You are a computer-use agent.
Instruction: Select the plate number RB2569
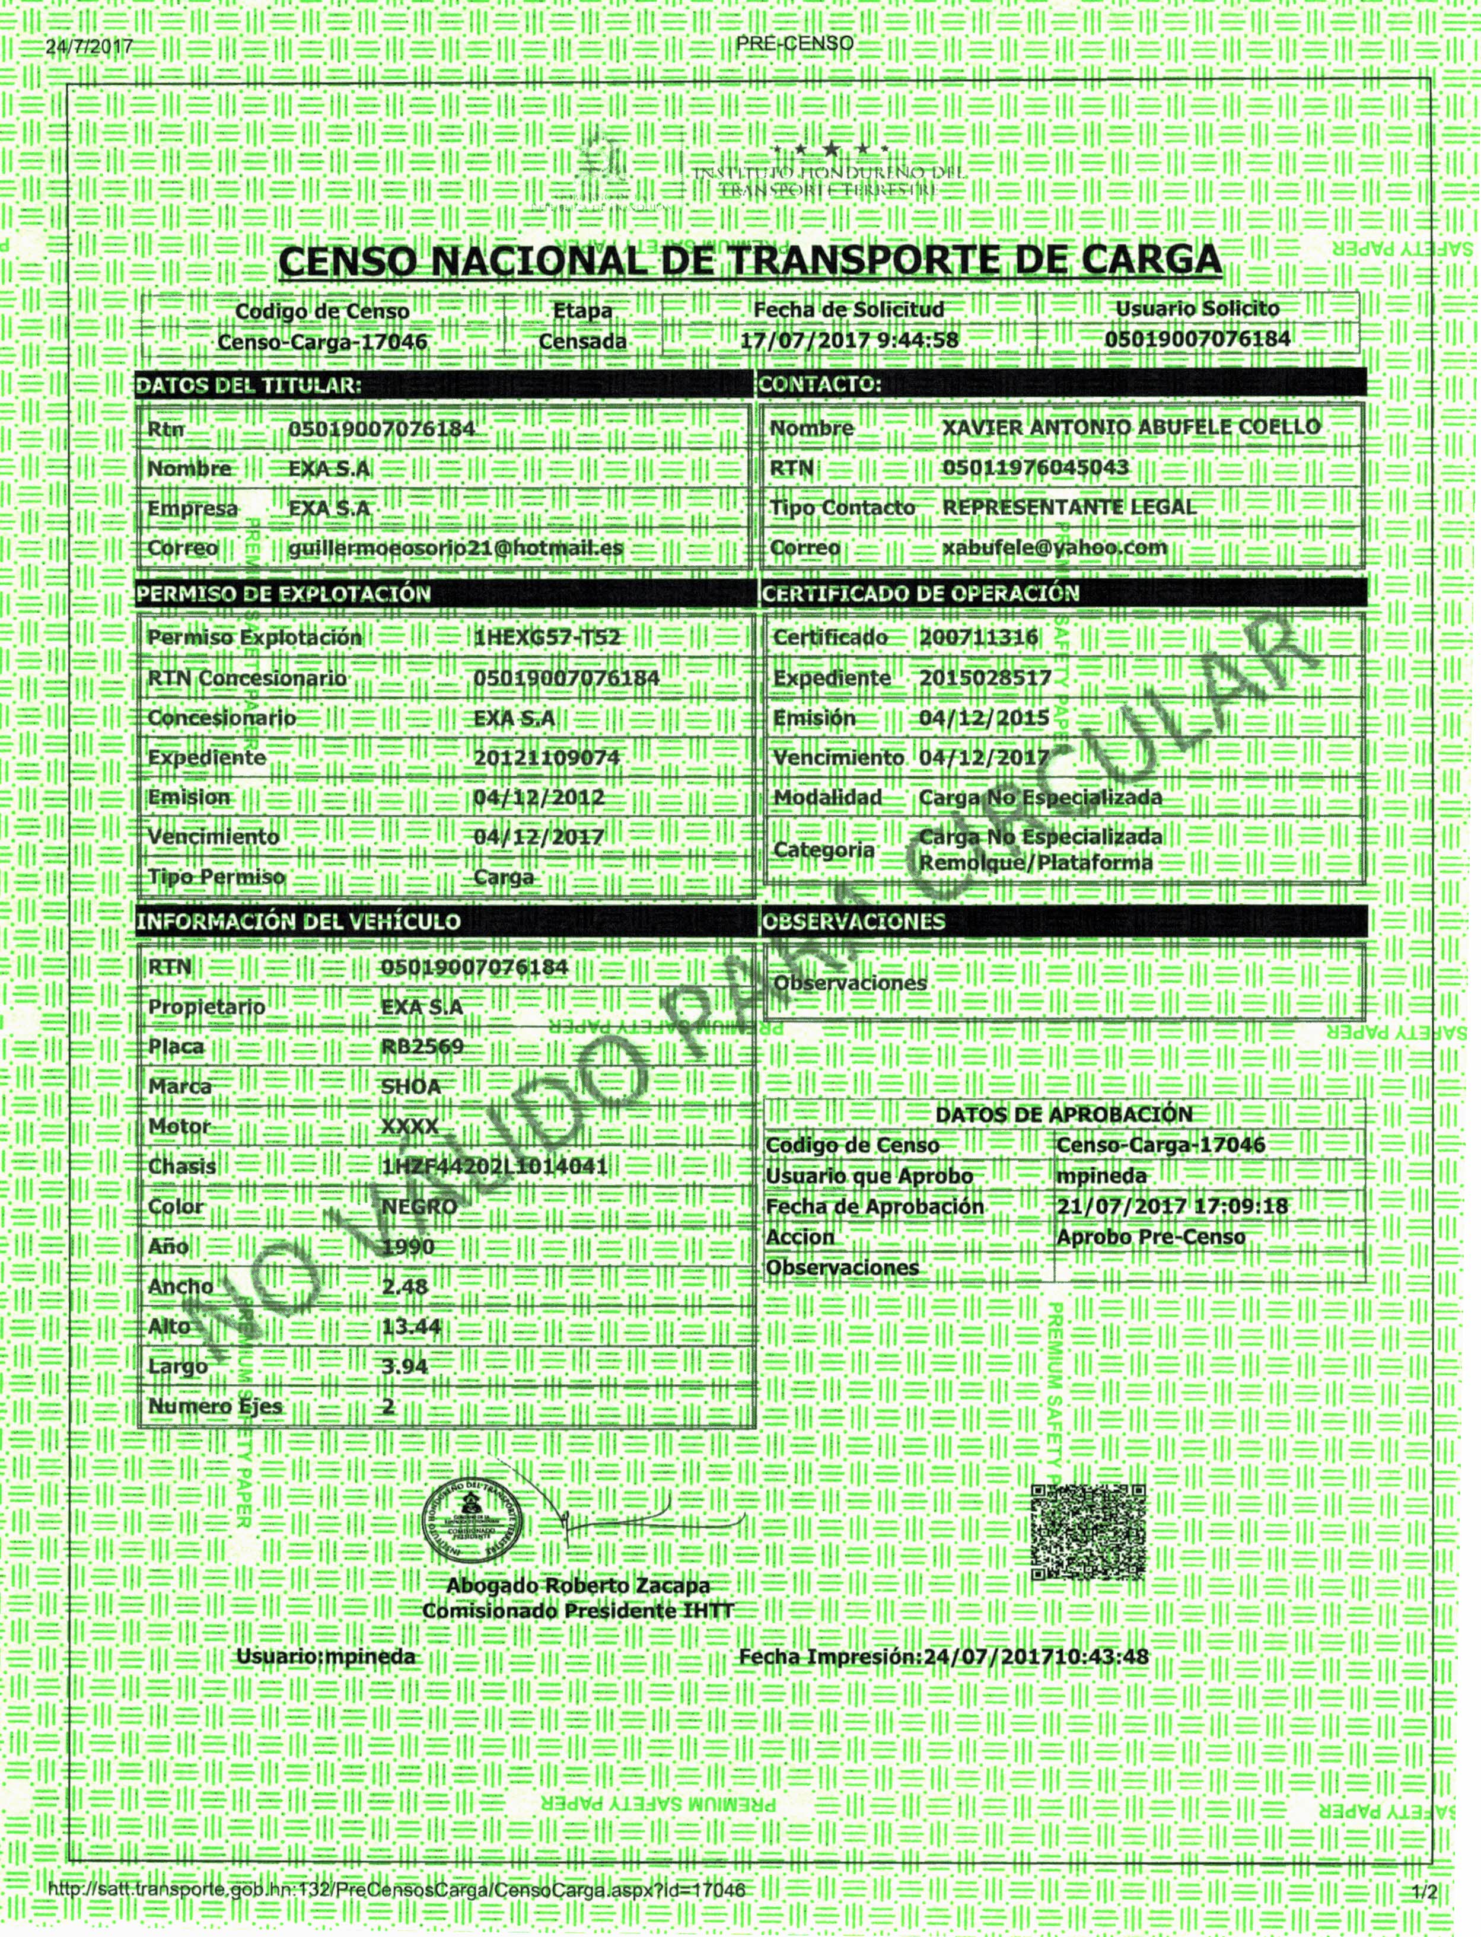pyautogui.click(x=422, y=1046)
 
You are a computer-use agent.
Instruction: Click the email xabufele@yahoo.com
pyautogui.click(x=1055, y=547)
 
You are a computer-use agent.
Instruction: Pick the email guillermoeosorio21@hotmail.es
pyautogui.click(x=456, y=547)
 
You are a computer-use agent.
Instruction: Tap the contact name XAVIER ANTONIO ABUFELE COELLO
pyautogui.click(x=1131, y=428)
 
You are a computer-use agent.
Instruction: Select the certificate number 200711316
pyautogui.click(x=979, y=637)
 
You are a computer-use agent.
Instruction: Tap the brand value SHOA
pyautogui.click(x=411, y=1086)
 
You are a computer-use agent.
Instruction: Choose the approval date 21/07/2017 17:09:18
pyautogui.click(x=1171, y=1206)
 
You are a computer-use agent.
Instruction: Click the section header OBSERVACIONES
pyautogui.click(x=853, y=922)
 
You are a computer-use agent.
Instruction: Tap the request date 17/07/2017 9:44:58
pyautogui.click(x=848, y=340)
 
